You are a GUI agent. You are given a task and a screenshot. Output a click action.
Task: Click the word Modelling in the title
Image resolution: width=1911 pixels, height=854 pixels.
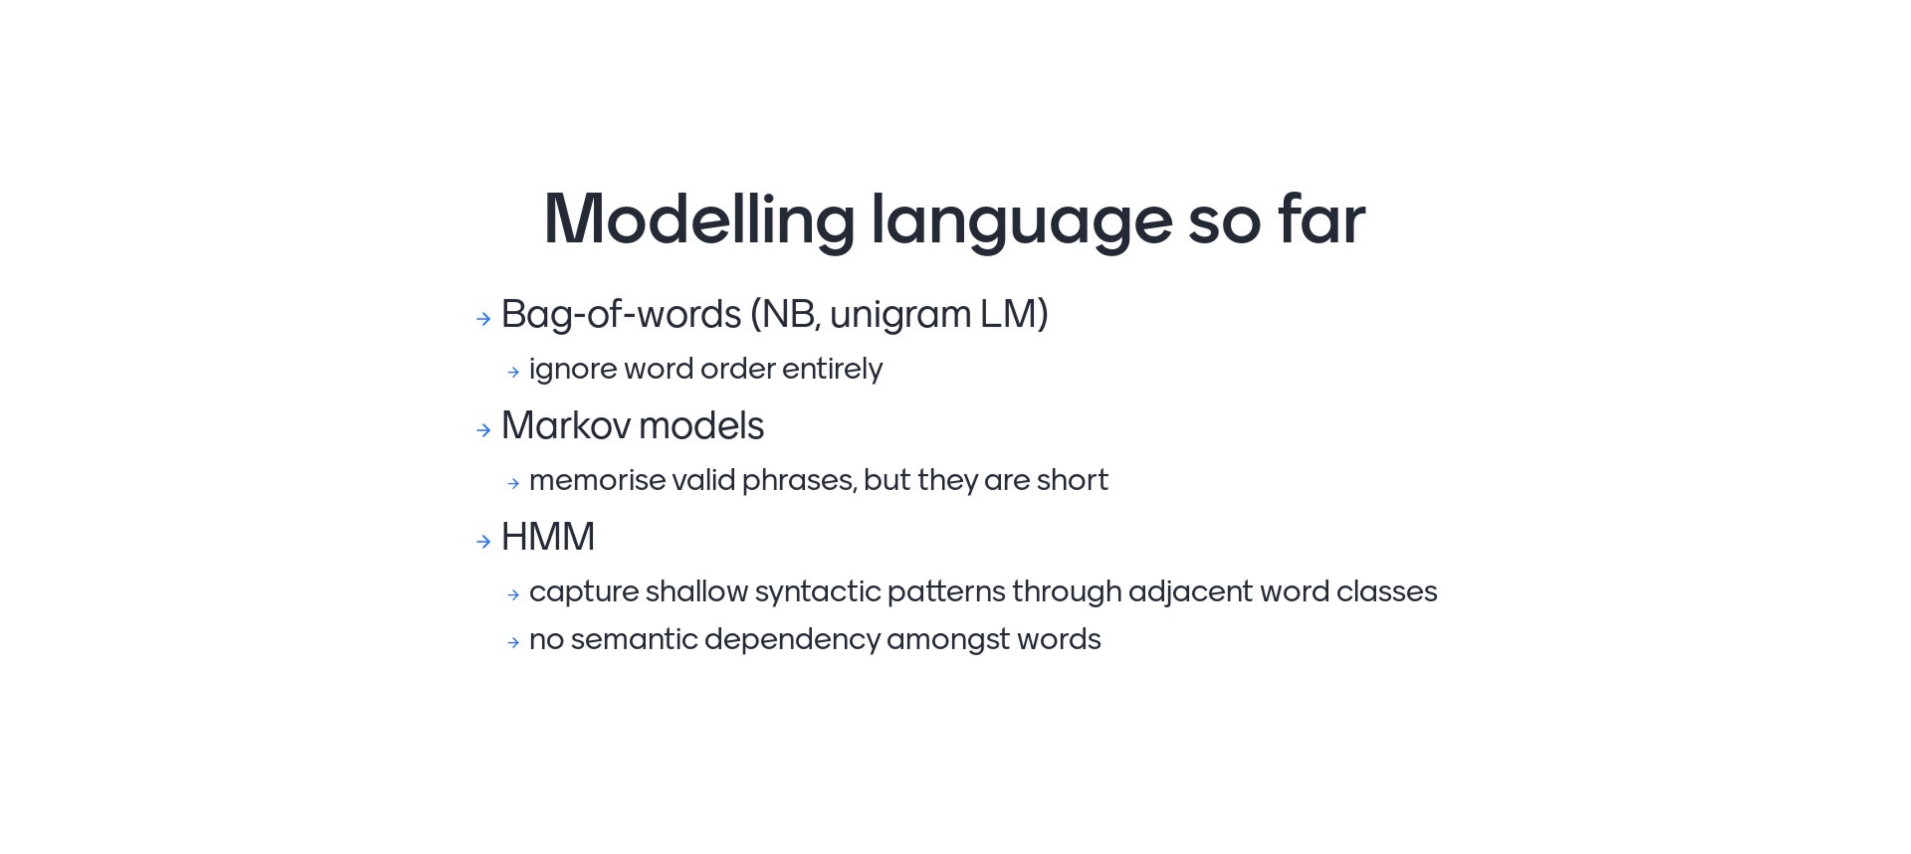coord(700,220)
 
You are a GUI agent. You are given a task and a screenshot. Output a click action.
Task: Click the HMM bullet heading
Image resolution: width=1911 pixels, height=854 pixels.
coord(548,537)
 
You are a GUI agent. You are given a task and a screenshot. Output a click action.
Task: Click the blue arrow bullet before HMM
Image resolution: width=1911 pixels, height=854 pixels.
coord(484,542)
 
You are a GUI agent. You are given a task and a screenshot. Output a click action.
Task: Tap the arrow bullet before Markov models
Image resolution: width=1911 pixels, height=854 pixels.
coord(484,431)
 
